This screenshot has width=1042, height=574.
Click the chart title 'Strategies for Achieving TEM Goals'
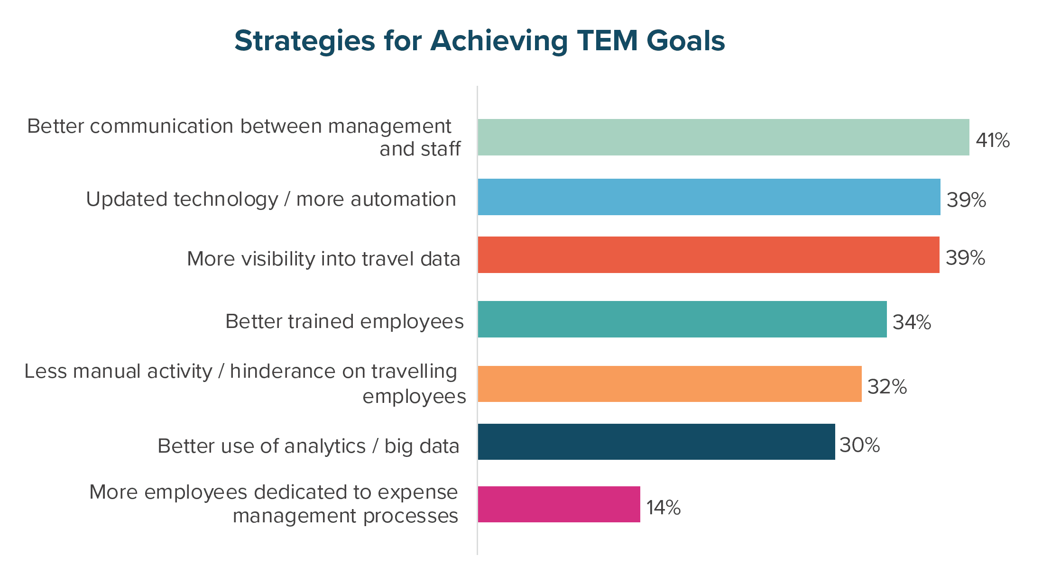pos(480,41)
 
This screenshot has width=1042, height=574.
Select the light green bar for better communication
pos(723,137)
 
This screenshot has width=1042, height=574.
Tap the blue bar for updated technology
pos(709,197)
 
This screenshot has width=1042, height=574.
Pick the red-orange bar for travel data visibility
pos(709,255)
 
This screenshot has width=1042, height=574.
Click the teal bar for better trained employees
pos(682,319)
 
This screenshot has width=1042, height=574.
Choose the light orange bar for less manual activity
pos(670,384)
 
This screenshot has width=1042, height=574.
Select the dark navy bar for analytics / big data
pos(656,442)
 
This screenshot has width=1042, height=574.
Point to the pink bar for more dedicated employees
pos(559,504)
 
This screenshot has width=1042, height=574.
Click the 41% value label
pos(993,140)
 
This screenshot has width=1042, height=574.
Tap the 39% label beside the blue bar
pos(967,200)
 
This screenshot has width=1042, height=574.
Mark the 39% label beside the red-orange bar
pos(966,258)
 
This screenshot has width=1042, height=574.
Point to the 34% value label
pos(912,322)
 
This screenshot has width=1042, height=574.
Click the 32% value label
pos(887,387)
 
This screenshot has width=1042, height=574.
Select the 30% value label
pos(860,445)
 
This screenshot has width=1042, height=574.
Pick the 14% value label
pos(664,508)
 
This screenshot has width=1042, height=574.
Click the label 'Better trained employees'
pos(344,321)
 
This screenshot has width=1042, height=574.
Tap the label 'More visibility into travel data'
pos(324,259)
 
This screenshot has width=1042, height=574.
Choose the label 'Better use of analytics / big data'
pos(309,446)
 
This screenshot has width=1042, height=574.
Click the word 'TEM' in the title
pos(608,41)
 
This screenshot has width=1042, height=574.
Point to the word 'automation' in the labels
pos(403,199)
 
